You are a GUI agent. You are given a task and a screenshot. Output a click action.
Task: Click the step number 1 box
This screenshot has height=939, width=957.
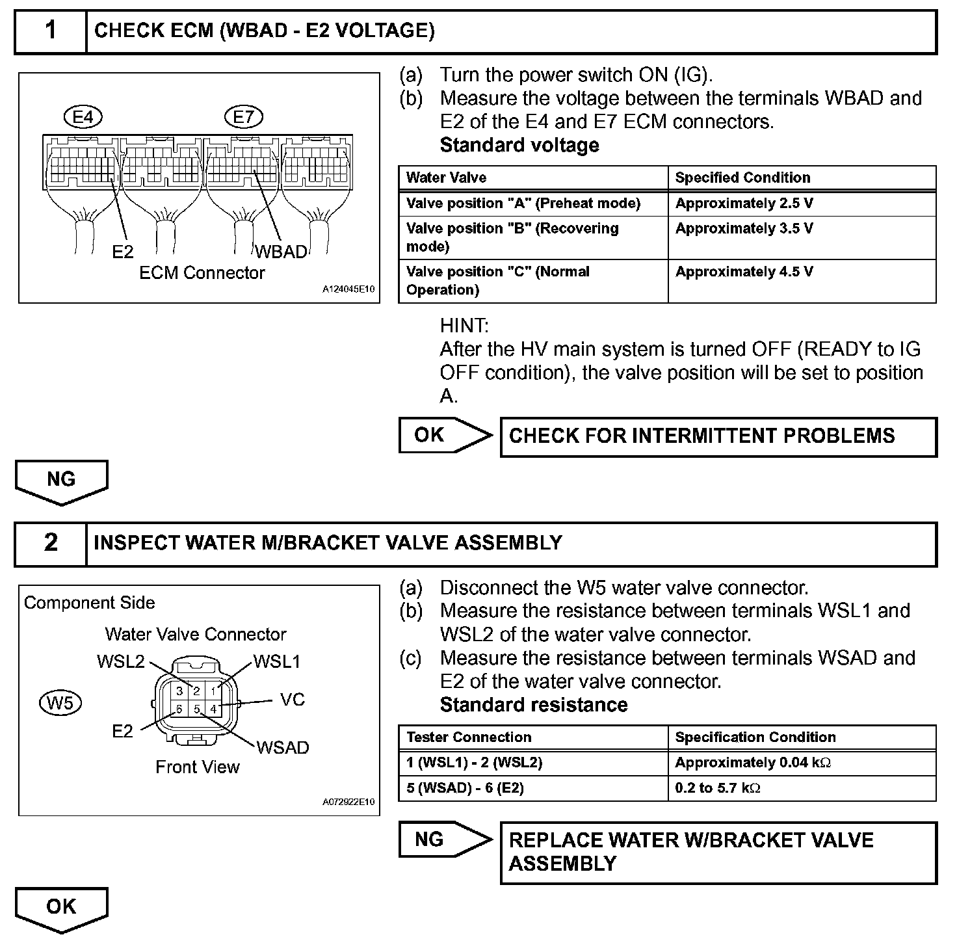(51, 31)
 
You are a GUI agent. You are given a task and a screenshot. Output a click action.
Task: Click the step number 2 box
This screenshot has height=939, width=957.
(51, 543)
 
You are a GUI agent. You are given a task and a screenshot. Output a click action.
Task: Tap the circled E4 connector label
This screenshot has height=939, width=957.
(83, 117)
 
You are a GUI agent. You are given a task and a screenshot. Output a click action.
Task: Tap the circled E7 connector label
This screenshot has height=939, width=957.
(243, 117)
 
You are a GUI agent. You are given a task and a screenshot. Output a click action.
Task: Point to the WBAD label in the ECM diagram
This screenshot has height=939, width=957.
(280, 252)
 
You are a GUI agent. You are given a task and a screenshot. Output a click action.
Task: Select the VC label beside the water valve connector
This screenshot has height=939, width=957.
(293, 700)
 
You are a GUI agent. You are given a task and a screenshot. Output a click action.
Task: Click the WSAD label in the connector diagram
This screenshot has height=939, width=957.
(283, 748)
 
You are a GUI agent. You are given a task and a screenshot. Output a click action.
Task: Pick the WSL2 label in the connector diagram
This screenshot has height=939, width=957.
(121, 662)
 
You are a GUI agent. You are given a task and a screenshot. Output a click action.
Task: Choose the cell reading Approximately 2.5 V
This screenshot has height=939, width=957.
(744, 204)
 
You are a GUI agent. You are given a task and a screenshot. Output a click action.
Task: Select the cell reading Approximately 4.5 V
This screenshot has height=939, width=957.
(744, 272)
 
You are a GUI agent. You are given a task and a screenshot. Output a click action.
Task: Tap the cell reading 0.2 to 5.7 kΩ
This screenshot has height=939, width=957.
(718, 788)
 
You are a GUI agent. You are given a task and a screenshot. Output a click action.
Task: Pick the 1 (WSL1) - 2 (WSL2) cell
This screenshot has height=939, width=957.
(474, 763)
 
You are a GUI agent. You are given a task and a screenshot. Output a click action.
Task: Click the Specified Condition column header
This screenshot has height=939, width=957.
(742, 178)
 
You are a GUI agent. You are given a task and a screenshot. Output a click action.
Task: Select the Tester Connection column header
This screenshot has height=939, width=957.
(469, 737)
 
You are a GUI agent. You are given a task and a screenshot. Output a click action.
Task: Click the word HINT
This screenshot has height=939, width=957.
(464, 325)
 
